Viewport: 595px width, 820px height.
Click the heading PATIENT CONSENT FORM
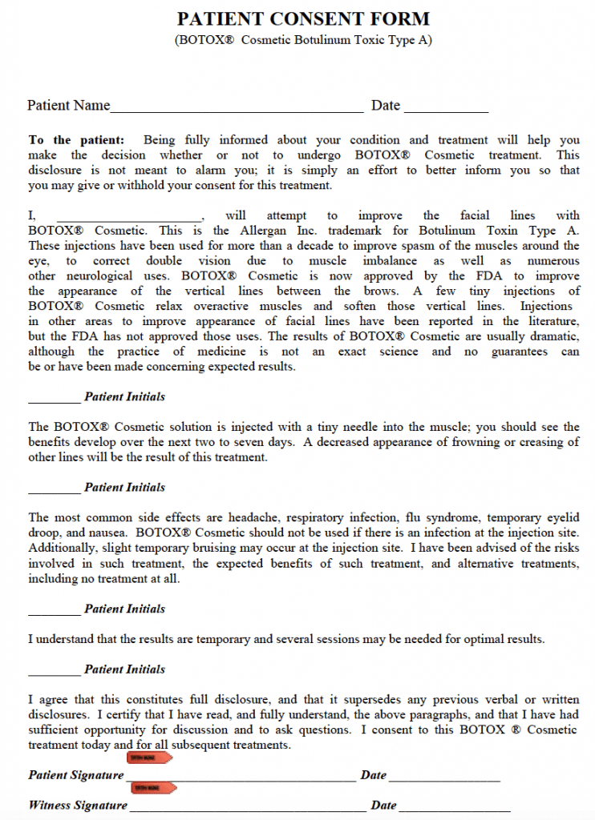tap(303, 18)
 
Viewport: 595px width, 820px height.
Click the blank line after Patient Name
tap(237, 108)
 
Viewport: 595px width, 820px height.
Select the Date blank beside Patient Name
tap(446, 108)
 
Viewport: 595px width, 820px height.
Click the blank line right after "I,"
tap(128, 217)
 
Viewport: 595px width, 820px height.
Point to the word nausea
tap(110, 533)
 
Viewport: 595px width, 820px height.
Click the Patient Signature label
tap(76, 775)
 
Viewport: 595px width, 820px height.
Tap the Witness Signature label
tap(78, 805)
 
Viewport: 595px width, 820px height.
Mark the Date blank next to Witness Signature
tap(454, 806)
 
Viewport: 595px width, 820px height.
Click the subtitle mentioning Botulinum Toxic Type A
tap(303, 41)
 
